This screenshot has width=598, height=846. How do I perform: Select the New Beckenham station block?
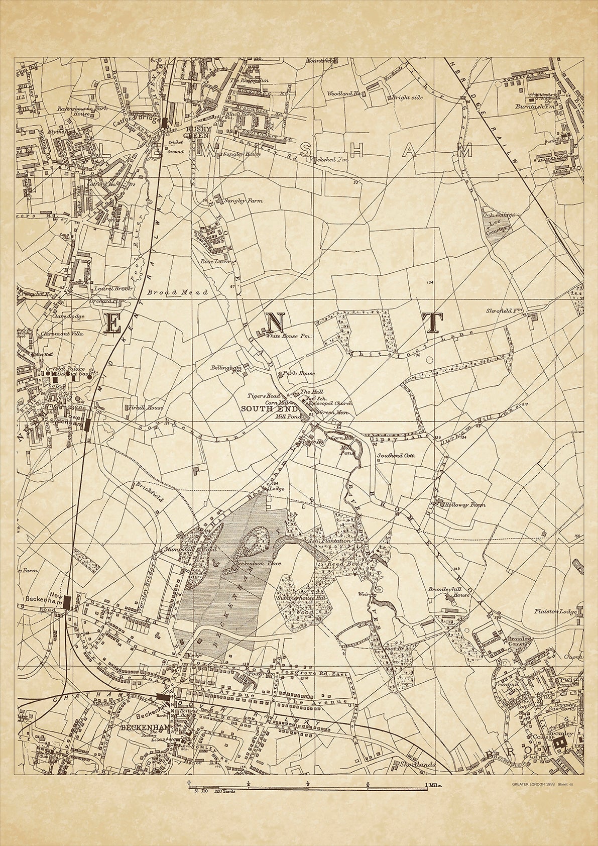(66, 601)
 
